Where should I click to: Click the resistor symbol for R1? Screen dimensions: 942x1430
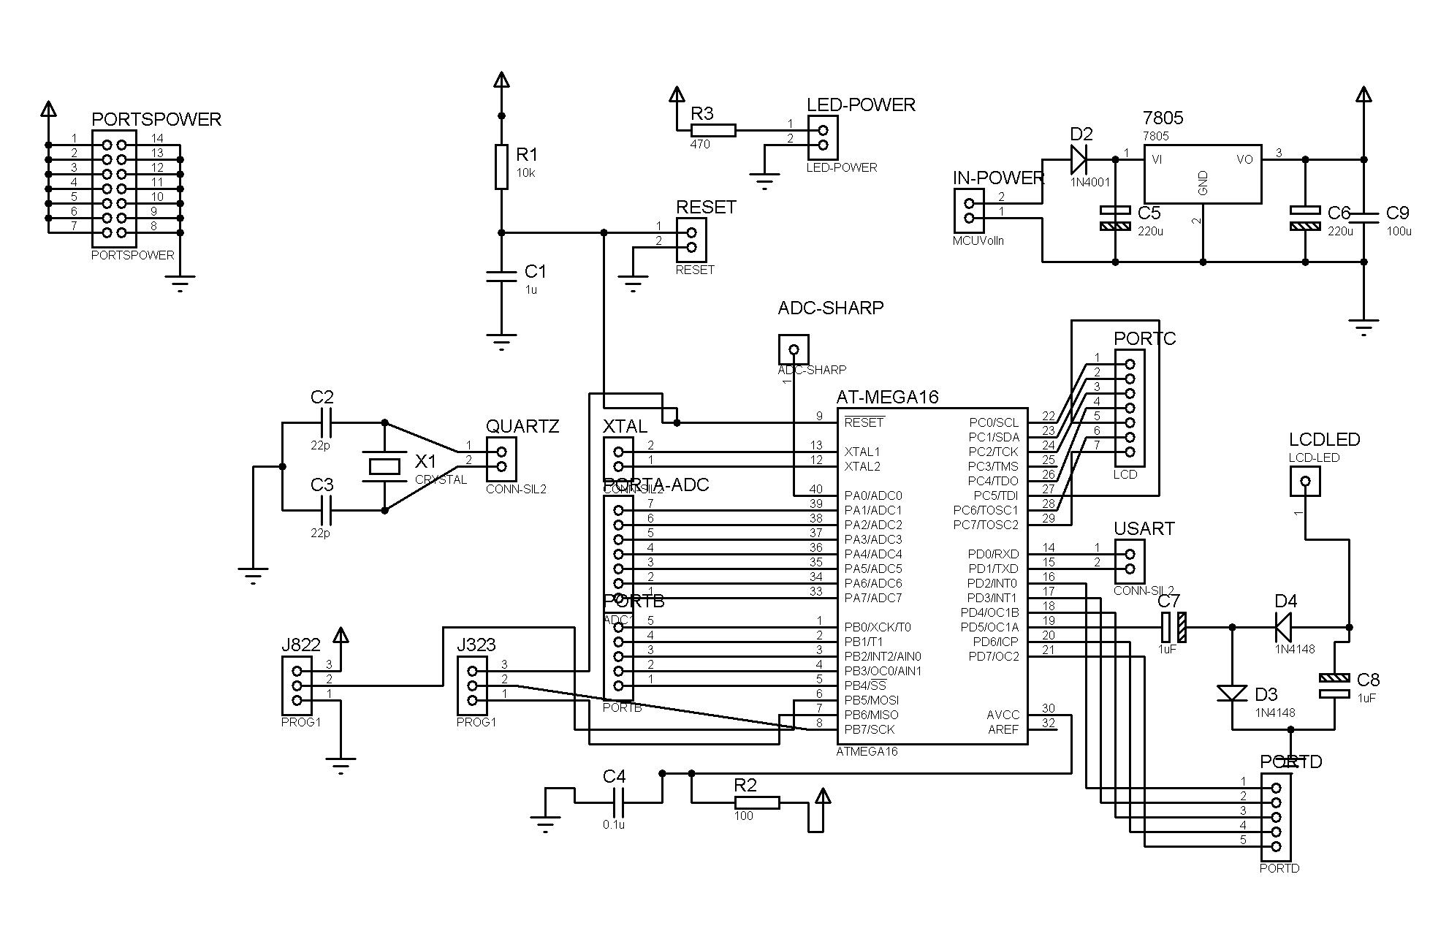(x=501, y=167)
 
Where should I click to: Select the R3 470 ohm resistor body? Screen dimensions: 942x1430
(x=713, y=130)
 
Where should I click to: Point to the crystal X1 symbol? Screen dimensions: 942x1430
(x=384, y=466)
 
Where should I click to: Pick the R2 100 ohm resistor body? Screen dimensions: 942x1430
(x=757, y=802)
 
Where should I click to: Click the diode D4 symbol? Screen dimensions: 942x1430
(x=1283, y=627)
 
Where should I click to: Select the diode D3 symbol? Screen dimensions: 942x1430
(x=1232, y=692)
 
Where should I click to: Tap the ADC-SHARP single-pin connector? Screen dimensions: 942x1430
(x=794, y=349)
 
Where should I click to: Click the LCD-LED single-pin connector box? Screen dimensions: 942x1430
(x=1306, y=481)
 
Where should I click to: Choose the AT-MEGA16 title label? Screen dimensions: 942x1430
(x=887, y=397)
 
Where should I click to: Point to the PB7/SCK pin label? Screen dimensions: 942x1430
(x=869, y=729)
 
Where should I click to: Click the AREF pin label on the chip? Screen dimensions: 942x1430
(x=1003, y=729)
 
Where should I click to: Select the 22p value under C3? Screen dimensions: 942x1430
(x=320, y=533)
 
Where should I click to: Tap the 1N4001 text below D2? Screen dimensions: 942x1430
(x=1089, y=182)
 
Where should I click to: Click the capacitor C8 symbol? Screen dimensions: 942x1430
(x=1334, y=685)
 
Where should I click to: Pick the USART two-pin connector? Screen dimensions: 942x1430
(x=1130, y=561)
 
